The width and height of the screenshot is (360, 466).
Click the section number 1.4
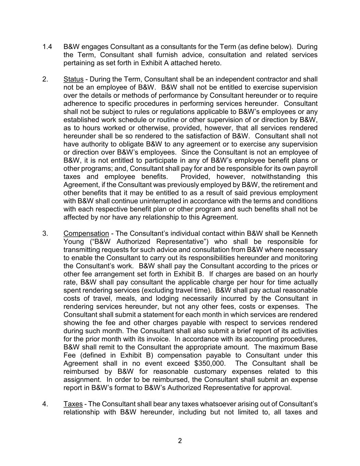[x=47, y=47]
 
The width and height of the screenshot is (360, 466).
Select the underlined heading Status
[x=73, y=79]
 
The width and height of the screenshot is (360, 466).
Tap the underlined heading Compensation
[x=86, y=234]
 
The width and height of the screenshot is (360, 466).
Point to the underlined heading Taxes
[x=73, y=404]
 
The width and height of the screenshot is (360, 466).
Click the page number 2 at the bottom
[x=180, y=441]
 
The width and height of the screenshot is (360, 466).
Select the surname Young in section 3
[x=73, y=242]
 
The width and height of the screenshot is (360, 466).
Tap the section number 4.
[x=45, y=404]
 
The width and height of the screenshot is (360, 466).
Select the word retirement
[x=287, y=185]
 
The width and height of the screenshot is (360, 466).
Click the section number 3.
[x=45, y=234]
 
